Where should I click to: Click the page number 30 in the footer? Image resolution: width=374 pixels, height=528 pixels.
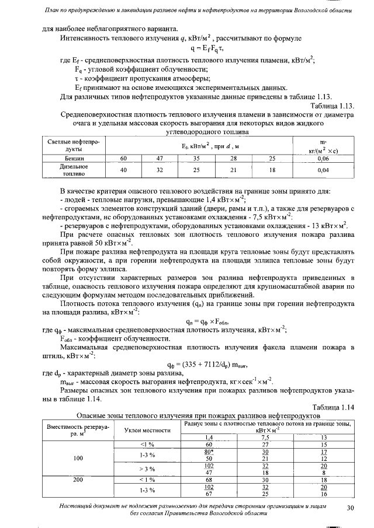click(x=351, y=508)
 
